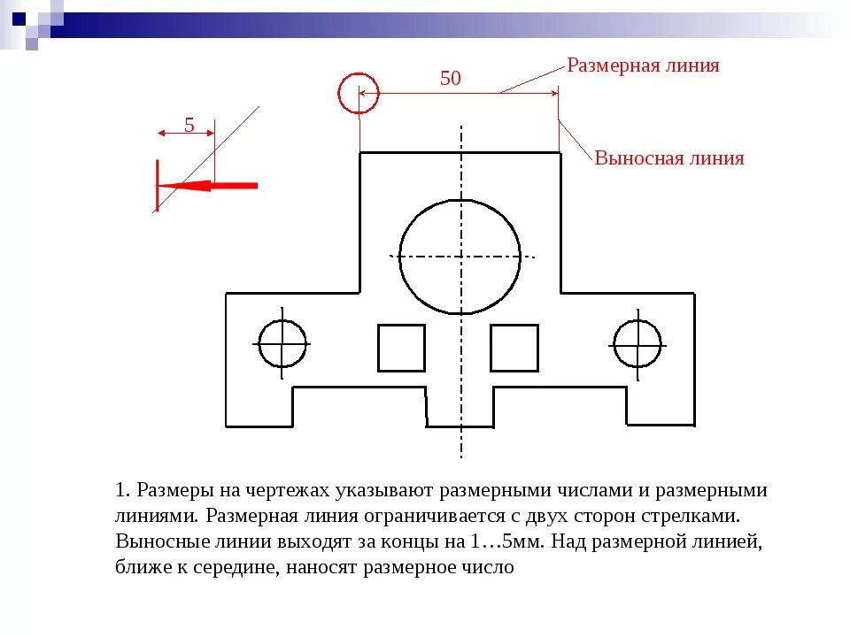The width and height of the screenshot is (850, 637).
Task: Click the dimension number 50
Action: click(x=451, y=78)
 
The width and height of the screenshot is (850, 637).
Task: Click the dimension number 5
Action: click(x=189, y=125)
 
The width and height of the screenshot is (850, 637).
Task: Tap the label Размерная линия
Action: click(x=643, y=65)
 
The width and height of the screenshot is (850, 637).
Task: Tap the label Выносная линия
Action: click(x=668, y=158)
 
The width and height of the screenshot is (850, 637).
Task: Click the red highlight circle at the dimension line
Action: click(x=359, y=93)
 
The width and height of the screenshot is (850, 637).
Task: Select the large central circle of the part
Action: click(x=460, y=257)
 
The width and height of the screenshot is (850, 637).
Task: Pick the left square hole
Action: click(x=401, y=348)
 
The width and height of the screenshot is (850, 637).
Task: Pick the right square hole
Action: click(x=514, y=348)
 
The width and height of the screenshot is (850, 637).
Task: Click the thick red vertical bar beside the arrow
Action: click(x=157, y=186)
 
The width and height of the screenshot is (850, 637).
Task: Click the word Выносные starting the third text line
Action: click(x=156, y=541)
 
